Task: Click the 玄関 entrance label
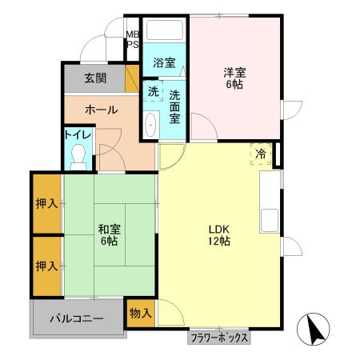[x=95, y=78]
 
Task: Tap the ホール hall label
[x=102, y=110]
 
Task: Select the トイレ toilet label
[x=78, y=135]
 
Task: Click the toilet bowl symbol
[x=78, y=156]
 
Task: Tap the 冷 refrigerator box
[x=262, y=153]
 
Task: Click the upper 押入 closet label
[x=46, y=203]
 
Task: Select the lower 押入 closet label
[x=46, y=265]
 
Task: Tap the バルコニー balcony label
[x=76, y=318]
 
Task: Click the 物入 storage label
[x=141, y=312]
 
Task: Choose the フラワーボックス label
[x=219, y=338]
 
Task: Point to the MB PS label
[x=132, y=40]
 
